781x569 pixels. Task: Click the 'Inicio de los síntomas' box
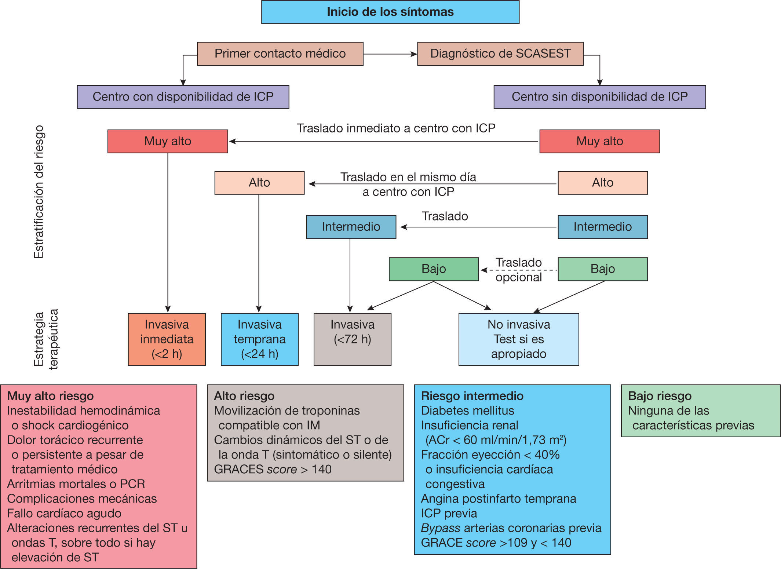[390, 12]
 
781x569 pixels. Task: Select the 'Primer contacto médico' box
[280, 54]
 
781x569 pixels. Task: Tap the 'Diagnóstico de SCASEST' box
[500, 54]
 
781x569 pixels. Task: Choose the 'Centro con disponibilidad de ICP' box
[183, 97]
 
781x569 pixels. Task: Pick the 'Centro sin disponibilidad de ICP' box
[599, 97]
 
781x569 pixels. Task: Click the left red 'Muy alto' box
[168, 141]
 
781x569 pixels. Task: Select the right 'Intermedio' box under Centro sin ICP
[602, 227]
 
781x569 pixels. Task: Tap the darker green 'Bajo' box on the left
[434, 269]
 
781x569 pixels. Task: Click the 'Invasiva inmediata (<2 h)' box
[167, 339]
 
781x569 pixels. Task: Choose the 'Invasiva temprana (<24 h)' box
[259, 339]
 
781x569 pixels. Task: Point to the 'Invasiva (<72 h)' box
[352, 339]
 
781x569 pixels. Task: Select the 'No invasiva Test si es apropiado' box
[518, 339]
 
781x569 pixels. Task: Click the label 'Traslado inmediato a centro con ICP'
[396, 128]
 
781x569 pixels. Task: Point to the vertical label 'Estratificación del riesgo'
[39, 192]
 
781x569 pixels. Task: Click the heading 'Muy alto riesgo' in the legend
[50, 396]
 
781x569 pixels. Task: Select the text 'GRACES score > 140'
[273, 469]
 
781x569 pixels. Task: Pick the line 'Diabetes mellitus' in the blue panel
[467, 411]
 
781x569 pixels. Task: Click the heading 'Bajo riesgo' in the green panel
[660, 396]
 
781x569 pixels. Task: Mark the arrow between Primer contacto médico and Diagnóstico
[390, 54]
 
